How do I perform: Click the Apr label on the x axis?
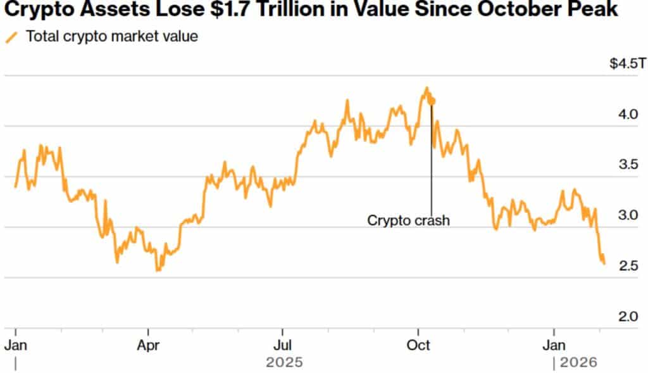pyautogui.click(x=148, y=345)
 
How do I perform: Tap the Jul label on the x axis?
pyautogui.click(x=282, y=345)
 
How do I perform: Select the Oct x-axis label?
pyautogui.click(x=418, y=345)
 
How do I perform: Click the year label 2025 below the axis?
pyautogui.click(x=284, y=363)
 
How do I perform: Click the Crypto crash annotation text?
pyautogui.click(x=408, y=221)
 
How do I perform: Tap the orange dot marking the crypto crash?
pyautogui.click(x=432, y=101)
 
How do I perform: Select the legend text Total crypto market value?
pyautogui.click(x=112, y=36)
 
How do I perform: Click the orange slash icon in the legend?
pyautogui.click(x=11, y=37)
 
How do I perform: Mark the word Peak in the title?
pyautogui.click(x=595, y=11)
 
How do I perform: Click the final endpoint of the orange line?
pyautogui.click(x=604, y=263)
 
